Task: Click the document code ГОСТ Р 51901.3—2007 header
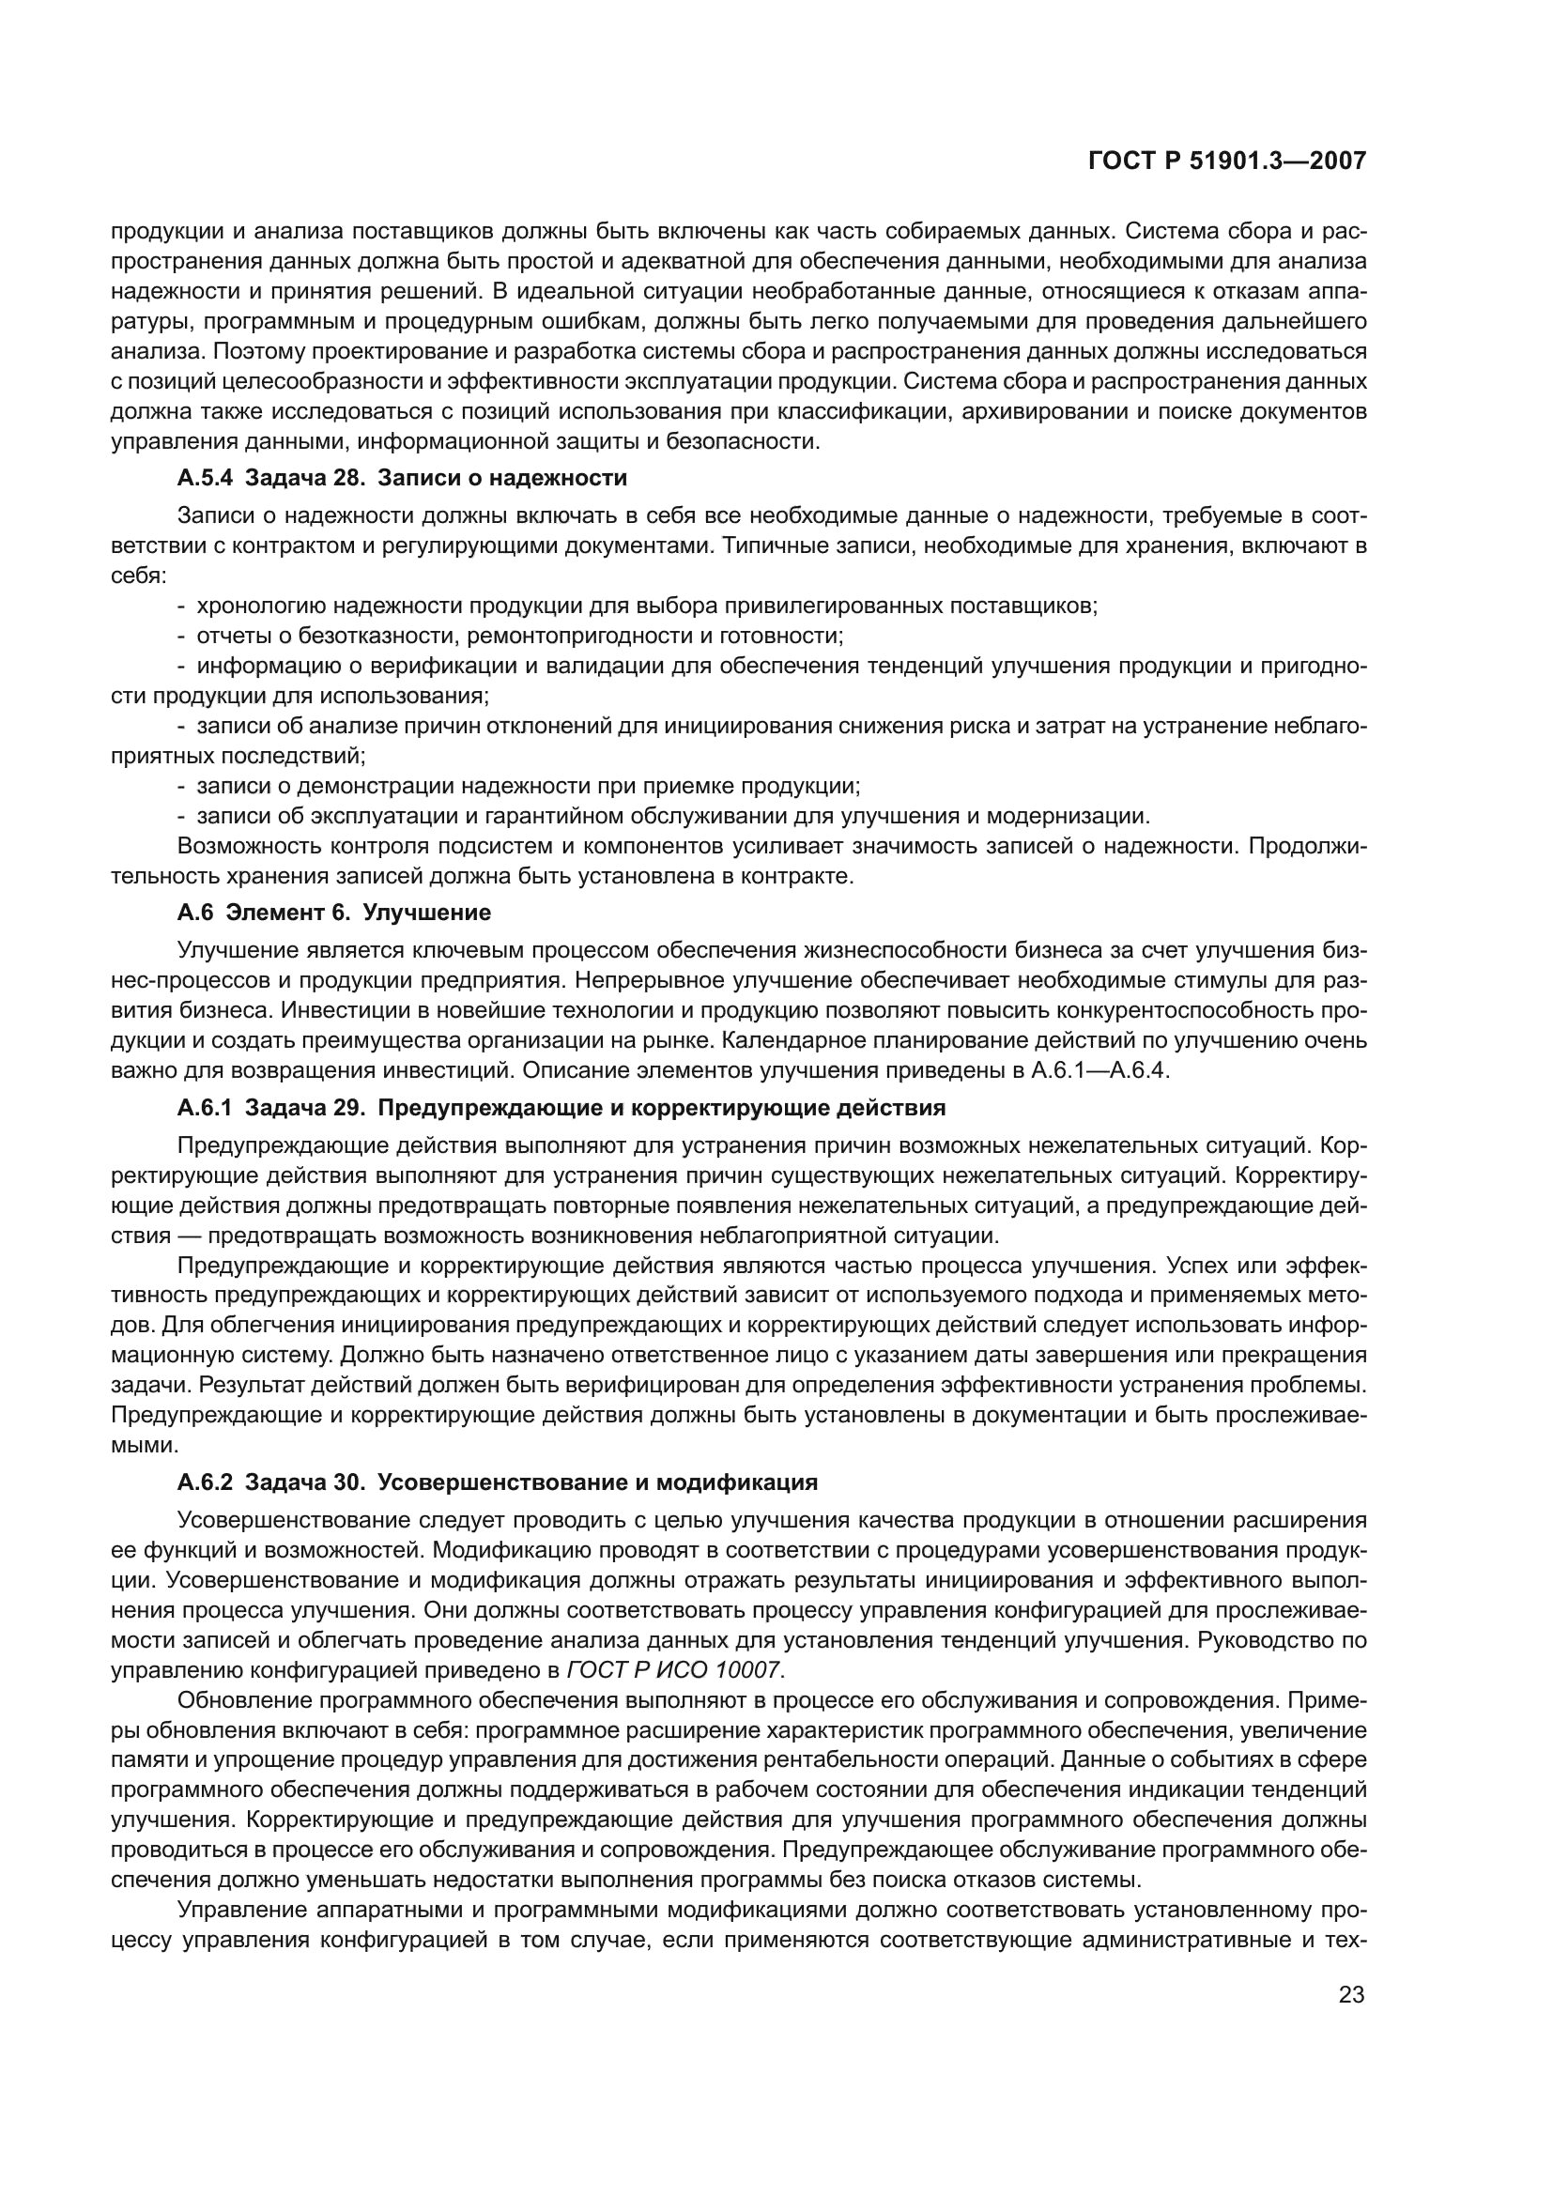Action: (x=1226, y=161)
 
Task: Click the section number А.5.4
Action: (x=205, y=477)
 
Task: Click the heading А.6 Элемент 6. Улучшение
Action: (x=333, y=913)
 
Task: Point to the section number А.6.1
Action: (x=205, y=1109)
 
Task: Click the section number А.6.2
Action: (x=205, y=1482)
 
